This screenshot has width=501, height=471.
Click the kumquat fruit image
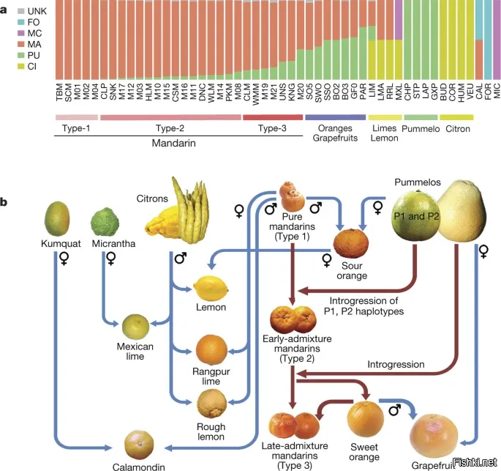tap(56, 217)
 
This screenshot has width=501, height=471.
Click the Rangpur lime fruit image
tap(212, 349)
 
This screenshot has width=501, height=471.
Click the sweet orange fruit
tap(363, 418)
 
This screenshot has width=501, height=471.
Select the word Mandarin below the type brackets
tap(173, 144)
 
